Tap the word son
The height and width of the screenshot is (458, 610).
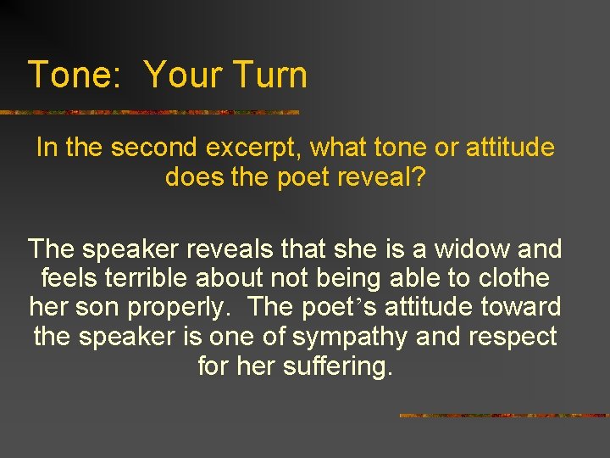click(x=105, y=307)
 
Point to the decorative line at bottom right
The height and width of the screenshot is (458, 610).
click(x=503, y=416)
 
